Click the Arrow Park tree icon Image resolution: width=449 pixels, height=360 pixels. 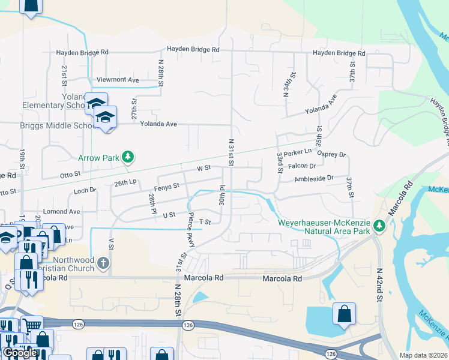[x=127, y=158]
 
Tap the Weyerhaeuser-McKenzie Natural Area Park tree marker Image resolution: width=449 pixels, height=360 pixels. [x=379, y=226]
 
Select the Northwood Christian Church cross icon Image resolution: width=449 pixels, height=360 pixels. [x=103, y=263]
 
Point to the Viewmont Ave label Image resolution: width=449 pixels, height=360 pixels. [x=118, y=80]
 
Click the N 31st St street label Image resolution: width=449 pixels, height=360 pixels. [x=231, y=153]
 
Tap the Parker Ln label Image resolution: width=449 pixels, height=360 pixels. [x=298, y=152]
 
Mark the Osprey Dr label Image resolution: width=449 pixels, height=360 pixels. [x=333, y=154]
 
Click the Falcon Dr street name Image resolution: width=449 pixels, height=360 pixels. [x=301, y=166]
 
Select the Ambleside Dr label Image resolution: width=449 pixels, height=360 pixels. [x=313, y=178]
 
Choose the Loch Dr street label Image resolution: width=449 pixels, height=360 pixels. [x=85, y=191]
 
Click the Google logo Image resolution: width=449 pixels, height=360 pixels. [x=20, y=353]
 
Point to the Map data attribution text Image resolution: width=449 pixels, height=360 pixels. [x=423, y=355]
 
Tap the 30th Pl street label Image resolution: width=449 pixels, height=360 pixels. [x=221, y=196]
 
